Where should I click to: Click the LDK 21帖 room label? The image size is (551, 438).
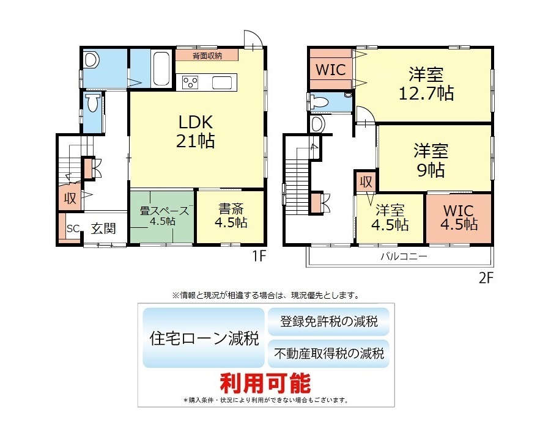click(x=195, y=131)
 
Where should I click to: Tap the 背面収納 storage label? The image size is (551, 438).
click(x=207, y=56)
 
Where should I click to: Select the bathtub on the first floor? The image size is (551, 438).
click(x=161, y=68)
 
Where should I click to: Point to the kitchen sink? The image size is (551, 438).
click(x=222, y=83)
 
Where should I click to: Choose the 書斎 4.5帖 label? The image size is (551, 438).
click(x=231, y=216)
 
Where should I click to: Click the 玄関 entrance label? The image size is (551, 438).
click(x=103, y=228)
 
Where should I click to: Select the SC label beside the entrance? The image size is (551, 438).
click(x=73, y=228)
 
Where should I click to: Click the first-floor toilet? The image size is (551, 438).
click(x=92, y=102)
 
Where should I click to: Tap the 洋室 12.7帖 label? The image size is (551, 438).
click(x=426, y=84)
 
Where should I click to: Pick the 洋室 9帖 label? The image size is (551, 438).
click(x=431, y=160)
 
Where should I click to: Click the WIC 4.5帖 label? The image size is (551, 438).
click(x=459, y=217)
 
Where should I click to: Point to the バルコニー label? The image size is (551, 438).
click(x=404, y=256)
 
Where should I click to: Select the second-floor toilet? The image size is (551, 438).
click(x=320, y=102)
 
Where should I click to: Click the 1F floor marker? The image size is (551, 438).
click(x=259, y=257)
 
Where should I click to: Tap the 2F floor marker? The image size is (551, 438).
click(x=486, y=278)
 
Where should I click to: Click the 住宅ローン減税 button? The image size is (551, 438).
click(x=204, y=338)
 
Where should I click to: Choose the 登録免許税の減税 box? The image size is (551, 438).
click(x=328, y=321)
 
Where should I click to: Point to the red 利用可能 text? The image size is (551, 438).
click(x=265, y=383)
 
